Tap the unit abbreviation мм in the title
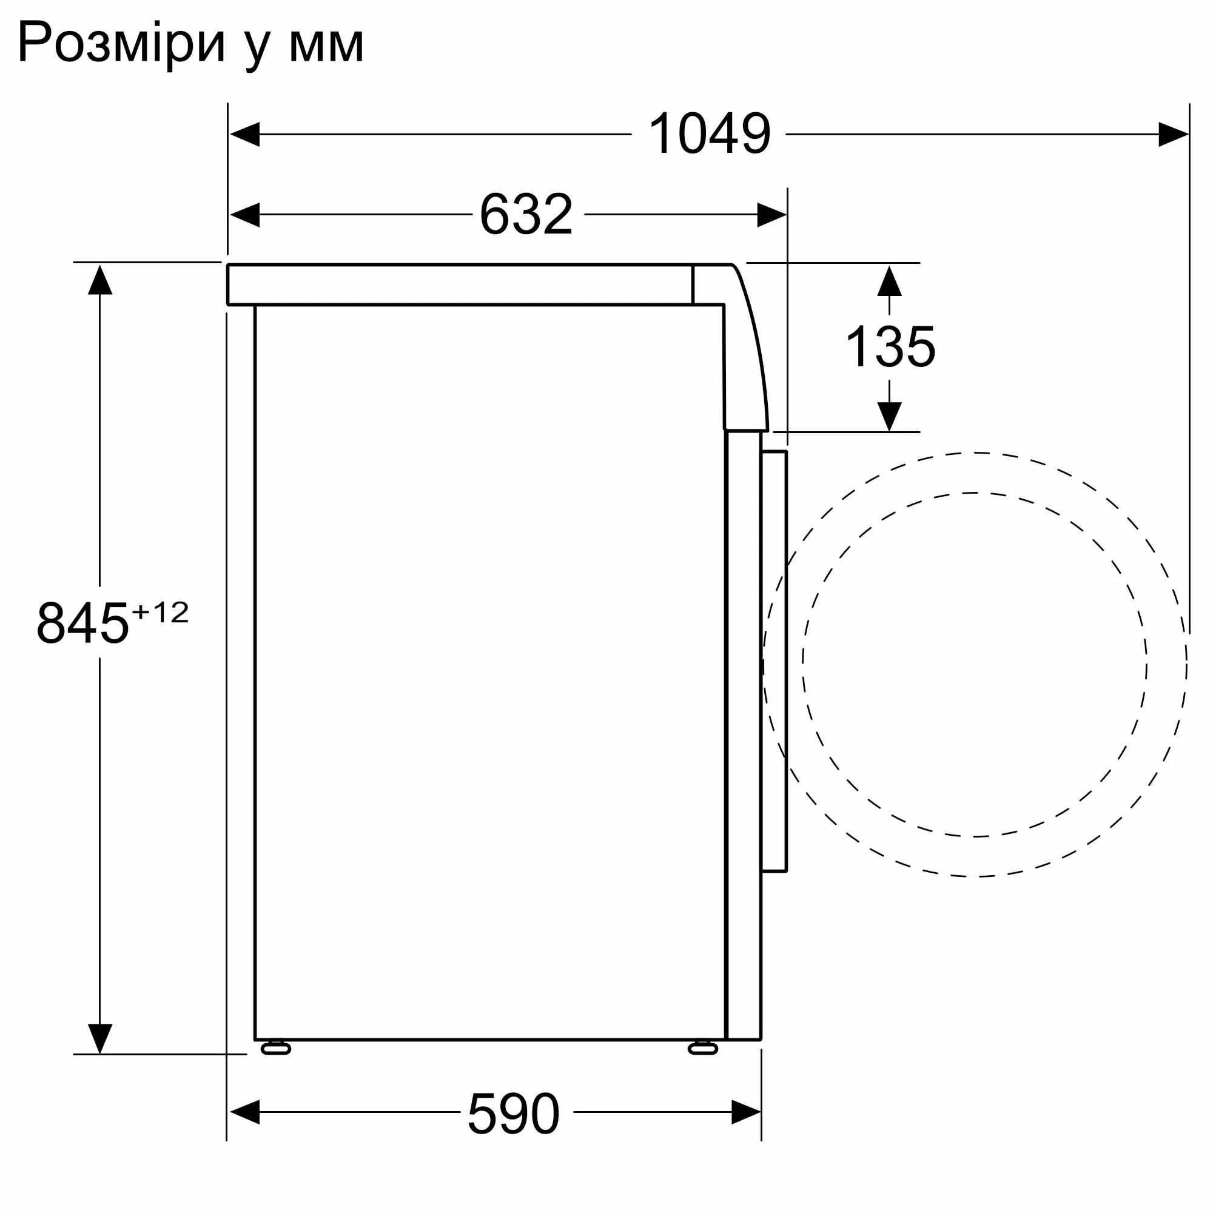click(326, 45)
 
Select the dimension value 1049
click(709, 133)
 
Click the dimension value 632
click(526, 214)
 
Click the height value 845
click(82, 623)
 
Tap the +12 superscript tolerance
click(160, 612)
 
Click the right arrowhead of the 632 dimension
click(771, 215)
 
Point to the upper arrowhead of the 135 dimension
click(889, 281)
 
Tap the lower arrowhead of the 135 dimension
click(889, 416)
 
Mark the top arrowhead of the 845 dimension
click(100, 280)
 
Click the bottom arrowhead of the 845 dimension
click(100, 1038)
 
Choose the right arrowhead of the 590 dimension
click(746, 1112)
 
